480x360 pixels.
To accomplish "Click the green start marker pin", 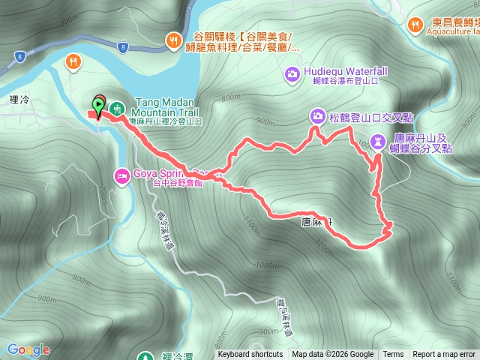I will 98,105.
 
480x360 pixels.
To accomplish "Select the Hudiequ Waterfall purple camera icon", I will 292,73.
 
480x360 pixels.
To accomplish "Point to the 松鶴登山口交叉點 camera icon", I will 317,115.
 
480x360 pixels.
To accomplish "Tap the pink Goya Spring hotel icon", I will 121,176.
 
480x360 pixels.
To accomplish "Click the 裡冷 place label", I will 20,78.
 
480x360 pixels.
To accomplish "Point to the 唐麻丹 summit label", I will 315,223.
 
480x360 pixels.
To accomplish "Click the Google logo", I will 28,349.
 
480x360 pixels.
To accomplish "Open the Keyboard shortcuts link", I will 250,355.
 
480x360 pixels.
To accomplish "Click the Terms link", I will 393,355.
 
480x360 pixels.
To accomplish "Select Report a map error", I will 444,355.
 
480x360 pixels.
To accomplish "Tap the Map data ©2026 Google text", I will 332,355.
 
